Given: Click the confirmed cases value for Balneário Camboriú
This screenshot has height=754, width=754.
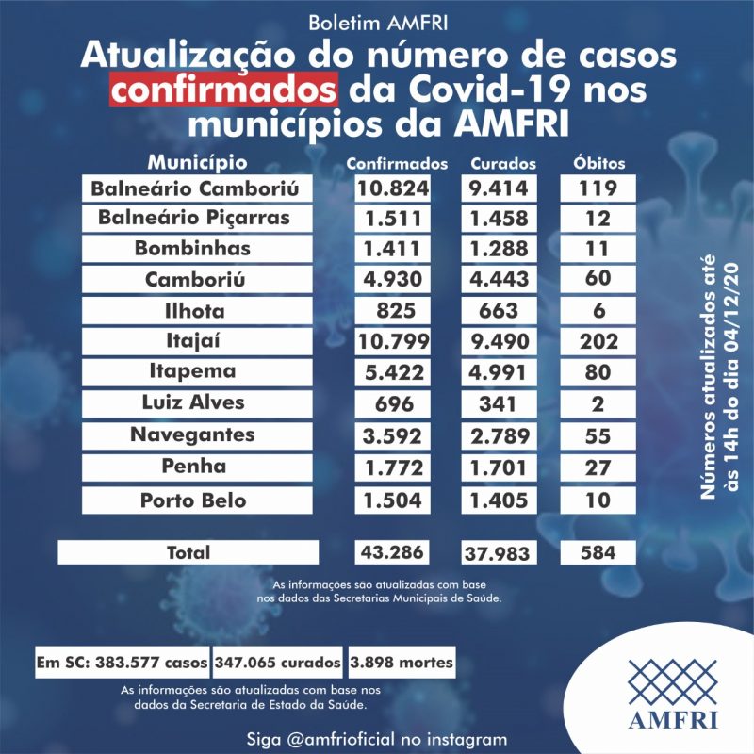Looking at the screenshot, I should coord(393,188).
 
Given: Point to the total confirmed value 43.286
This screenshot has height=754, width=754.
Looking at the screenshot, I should coord(393,552).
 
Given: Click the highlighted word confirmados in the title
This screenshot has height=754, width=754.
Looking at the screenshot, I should coord(223,91).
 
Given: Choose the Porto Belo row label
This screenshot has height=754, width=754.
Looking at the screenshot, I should coord(199,500).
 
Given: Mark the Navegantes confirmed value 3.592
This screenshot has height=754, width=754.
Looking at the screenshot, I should coord(393,436).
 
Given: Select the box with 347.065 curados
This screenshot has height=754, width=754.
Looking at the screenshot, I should coord(278,662).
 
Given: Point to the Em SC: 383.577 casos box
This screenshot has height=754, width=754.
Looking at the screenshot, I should coord(123,662).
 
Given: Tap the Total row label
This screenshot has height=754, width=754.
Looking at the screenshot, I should coord(188,552).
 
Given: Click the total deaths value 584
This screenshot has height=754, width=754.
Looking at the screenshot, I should coord(599,552).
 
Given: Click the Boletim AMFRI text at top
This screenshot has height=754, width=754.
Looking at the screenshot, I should coord(377,21).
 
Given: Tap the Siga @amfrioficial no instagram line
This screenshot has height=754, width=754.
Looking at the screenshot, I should coord(377,738).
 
